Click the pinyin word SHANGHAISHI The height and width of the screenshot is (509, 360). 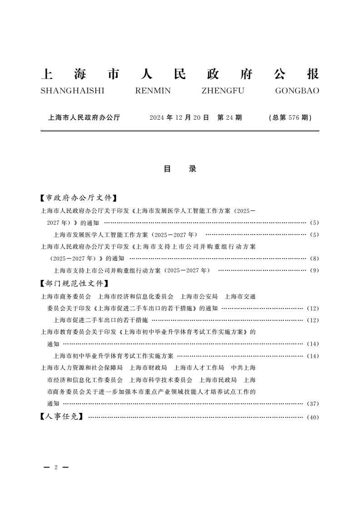[x=73, y=91]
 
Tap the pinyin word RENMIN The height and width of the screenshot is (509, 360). [x=153, y=91]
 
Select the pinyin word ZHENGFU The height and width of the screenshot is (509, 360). [x=223, y=91]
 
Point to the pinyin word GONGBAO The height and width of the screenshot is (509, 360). [x=297, y=91]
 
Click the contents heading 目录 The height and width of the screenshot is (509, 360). [x=180, y=169]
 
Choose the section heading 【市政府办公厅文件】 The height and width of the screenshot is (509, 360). [x=78, y=198]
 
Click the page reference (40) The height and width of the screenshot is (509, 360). [x=313, y=417]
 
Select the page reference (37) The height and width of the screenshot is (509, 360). [x=313, y=403]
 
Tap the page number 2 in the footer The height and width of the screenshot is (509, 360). [x=55, y=467]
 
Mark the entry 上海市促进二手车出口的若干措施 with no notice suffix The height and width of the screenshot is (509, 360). [x=101, y=320]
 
